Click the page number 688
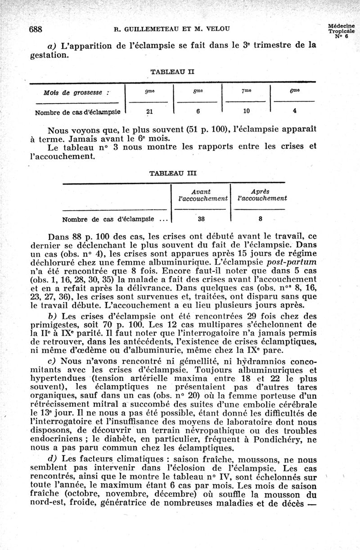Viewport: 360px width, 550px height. tap(35, 30)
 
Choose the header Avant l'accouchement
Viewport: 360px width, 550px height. tap(201, 194)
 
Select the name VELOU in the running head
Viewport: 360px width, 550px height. tap(218, 30)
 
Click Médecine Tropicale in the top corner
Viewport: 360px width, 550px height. tap(341, 28)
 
